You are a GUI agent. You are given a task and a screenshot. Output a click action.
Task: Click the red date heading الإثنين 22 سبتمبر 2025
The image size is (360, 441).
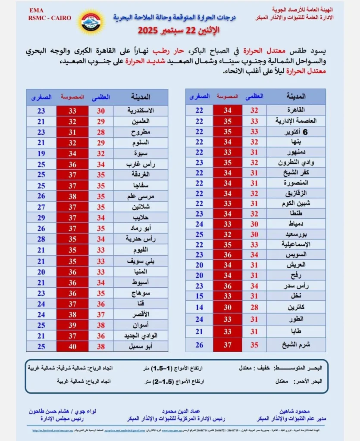[x=178, y=31]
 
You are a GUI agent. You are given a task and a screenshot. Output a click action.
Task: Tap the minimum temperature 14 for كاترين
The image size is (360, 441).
[x=199, y=307]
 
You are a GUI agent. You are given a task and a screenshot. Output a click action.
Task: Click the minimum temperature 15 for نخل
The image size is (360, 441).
[x=199, y=296]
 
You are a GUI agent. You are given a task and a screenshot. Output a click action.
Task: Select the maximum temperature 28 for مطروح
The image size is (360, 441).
[x=101, y=132]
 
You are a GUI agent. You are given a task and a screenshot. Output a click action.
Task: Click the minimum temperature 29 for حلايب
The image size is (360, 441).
[x=41, y=218]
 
